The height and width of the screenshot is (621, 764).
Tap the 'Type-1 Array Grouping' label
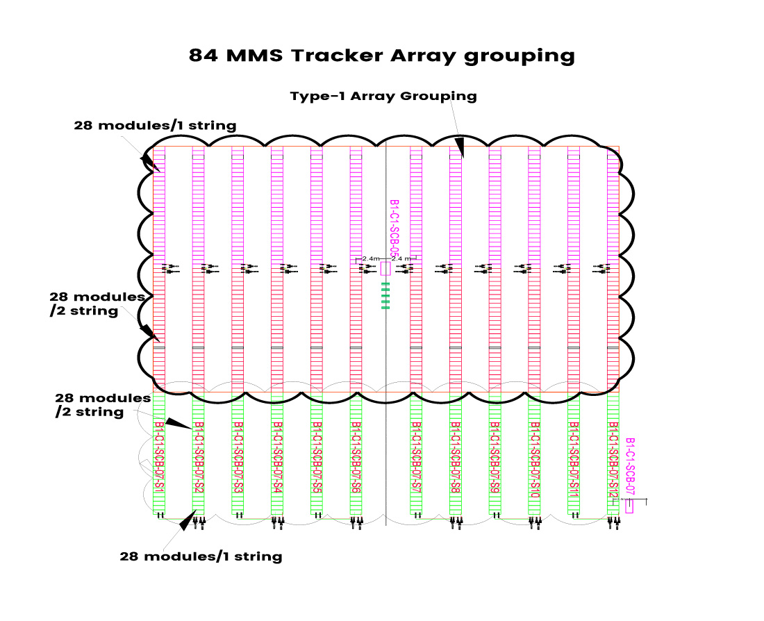click(x=383, y=97)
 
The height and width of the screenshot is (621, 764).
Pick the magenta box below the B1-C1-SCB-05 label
click(x=385, y=270)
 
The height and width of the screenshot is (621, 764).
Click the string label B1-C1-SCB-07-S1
click(x=159, y=458)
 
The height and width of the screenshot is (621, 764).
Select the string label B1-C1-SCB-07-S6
click(x=356, y=458)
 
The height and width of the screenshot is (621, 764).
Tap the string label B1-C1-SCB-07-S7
click(x=416, y=458)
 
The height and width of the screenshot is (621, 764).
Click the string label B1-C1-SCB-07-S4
click(x=277, y=458)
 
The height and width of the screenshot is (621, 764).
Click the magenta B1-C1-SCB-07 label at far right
click(x=630, y=467)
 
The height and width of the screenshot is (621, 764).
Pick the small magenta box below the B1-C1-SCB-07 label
click(x=629, y=507)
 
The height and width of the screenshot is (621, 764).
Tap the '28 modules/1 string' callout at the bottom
click(x=201, y=556)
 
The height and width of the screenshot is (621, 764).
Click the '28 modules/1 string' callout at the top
click(x=155, y=126)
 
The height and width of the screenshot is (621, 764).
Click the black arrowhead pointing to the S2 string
click(x=178, y=424)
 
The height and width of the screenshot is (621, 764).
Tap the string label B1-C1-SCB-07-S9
click(x=495, y=458)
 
